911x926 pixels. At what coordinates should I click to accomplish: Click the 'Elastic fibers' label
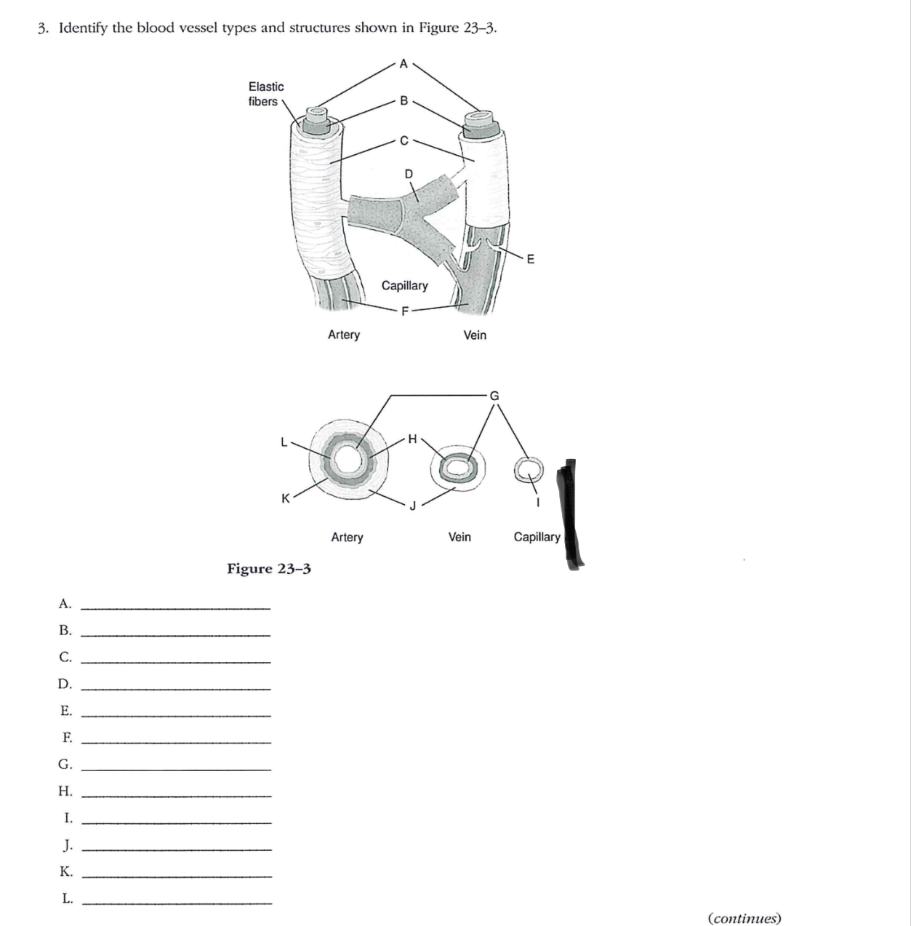[265, 94]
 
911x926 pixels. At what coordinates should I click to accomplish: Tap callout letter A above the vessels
[404, 63]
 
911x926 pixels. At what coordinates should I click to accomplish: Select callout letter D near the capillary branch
[408, 173]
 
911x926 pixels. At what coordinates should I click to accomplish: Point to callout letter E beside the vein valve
[530, 258]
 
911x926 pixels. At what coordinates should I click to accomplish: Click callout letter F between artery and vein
[406, 311]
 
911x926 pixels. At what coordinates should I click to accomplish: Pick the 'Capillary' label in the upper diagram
[405, 285]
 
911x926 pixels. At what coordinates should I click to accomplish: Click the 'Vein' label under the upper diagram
[475, 335]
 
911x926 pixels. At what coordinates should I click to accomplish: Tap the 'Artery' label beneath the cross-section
[347, 537]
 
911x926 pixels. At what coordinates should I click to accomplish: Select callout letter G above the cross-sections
[494, 396]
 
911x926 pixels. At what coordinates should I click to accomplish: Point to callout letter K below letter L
[286, 498]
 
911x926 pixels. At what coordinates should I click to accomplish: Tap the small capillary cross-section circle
[528, 468]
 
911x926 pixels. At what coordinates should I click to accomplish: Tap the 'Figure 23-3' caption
[269, 568]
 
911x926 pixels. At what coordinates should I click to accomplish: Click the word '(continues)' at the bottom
[744, 918]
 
